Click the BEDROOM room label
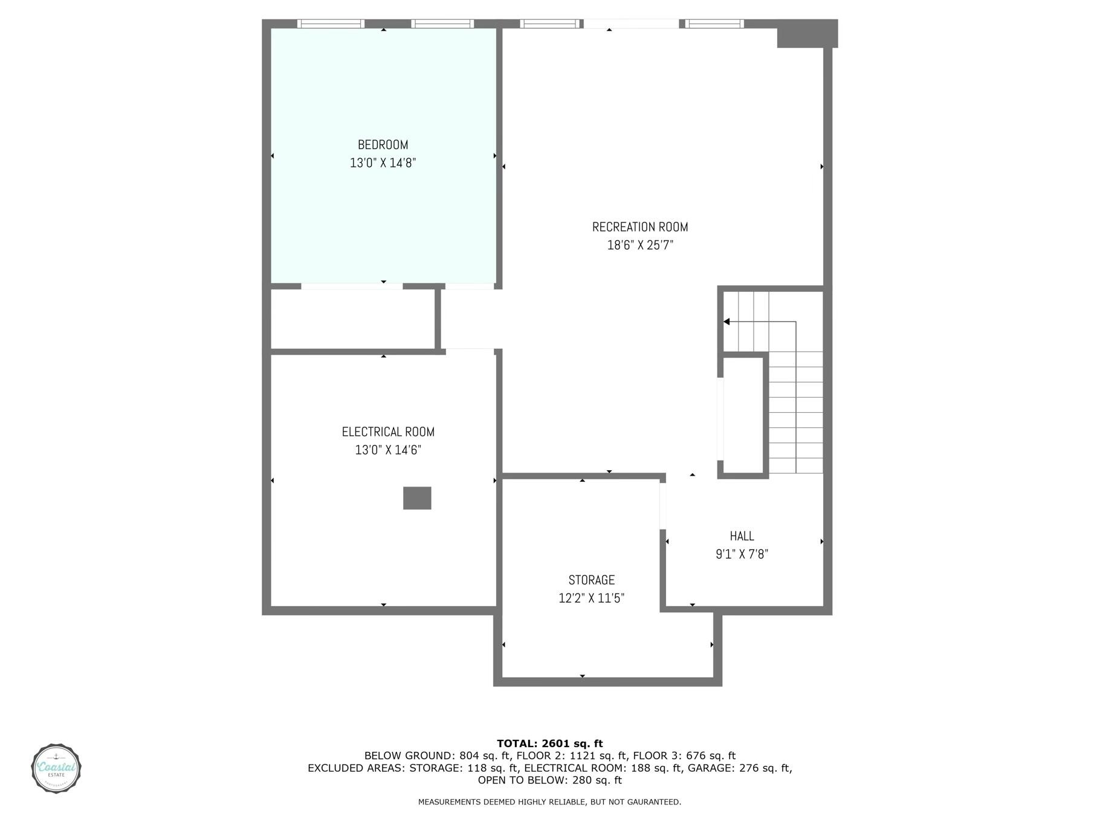383,145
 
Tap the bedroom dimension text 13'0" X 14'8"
383,163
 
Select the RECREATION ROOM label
640,227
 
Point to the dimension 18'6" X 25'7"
640,245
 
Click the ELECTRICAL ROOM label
388,432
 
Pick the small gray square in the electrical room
417,499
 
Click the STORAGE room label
591,580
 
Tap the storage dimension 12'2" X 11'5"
591,598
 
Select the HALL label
742,536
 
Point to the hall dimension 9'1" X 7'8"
742,554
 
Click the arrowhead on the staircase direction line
727,322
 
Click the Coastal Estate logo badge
56,769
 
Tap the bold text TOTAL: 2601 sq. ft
549,743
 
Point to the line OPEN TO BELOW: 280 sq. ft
549,780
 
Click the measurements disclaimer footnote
549,802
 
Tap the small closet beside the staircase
743,416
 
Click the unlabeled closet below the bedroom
352,319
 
